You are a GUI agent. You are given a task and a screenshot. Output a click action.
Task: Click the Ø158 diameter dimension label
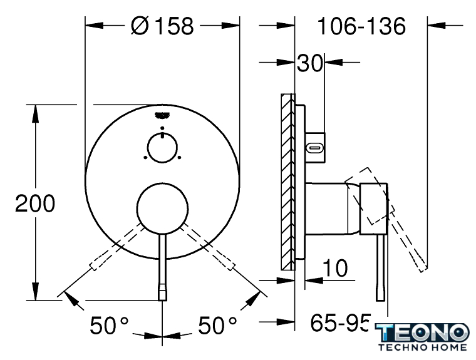(162, 26)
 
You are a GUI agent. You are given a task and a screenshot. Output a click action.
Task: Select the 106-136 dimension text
(361, 26)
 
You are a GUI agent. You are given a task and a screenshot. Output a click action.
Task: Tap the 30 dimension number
(309, 63)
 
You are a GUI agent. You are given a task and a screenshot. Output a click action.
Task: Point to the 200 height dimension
(35, 203)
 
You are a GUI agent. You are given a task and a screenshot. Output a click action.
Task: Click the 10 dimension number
(335, 268)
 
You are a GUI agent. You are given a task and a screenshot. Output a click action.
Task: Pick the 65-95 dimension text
(341, 322)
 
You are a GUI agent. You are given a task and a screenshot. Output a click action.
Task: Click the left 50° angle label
(109, 326)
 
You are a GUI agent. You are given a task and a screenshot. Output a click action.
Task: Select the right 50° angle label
(217, 326)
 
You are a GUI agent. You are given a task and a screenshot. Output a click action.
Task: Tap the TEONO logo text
(422, 332)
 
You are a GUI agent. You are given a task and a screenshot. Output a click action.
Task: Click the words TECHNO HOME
(423, 347)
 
